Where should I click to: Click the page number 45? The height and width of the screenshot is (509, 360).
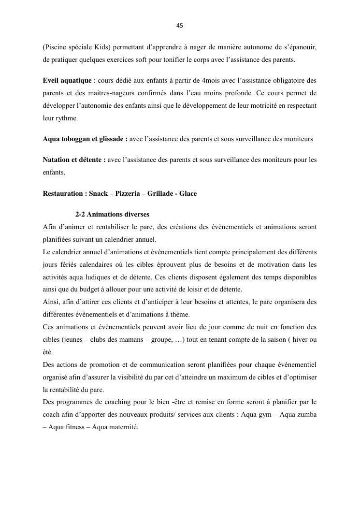coord(180,26)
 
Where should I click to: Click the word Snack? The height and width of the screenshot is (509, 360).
coord(98,193)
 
